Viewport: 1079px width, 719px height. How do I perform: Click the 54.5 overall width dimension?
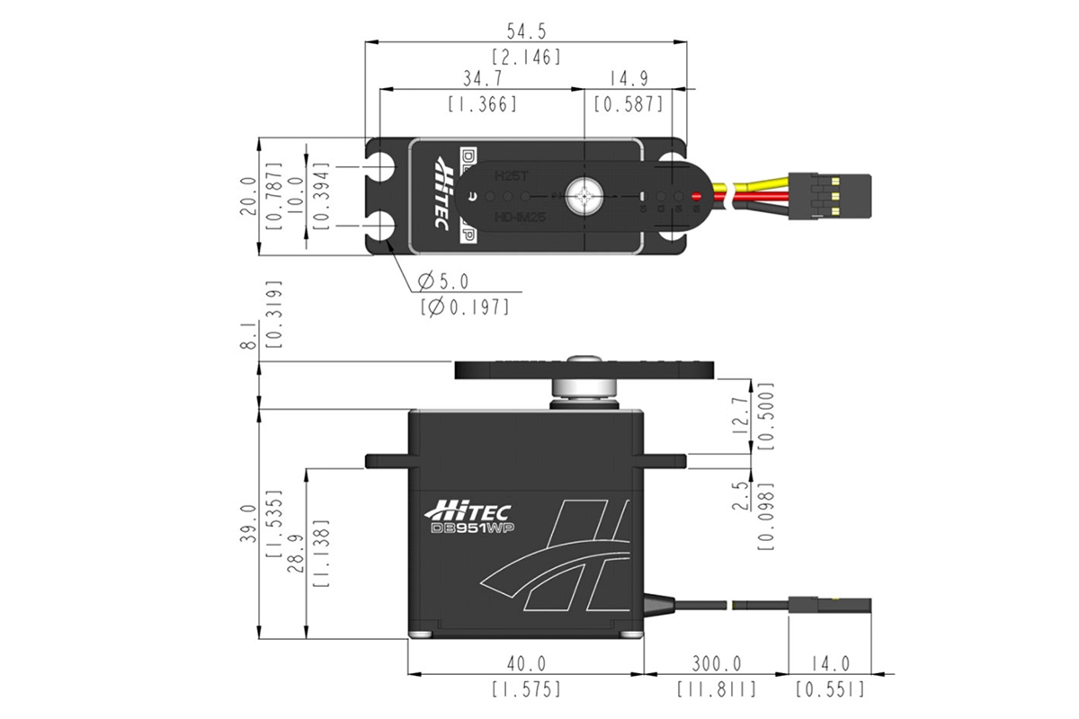(x=526, y=31)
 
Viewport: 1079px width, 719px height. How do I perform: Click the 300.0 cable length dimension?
(x=716, y=664)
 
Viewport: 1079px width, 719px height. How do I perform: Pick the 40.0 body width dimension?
(x=526, y=664)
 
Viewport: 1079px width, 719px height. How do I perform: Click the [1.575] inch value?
(x=526, y=689)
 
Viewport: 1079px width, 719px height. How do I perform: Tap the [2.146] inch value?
(x=526, y=57)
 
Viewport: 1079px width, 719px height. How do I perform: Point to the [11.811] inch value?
(x=716, y=689)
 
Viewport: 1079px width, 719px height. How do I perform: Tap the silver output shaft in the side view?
(x=584, y=388)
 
